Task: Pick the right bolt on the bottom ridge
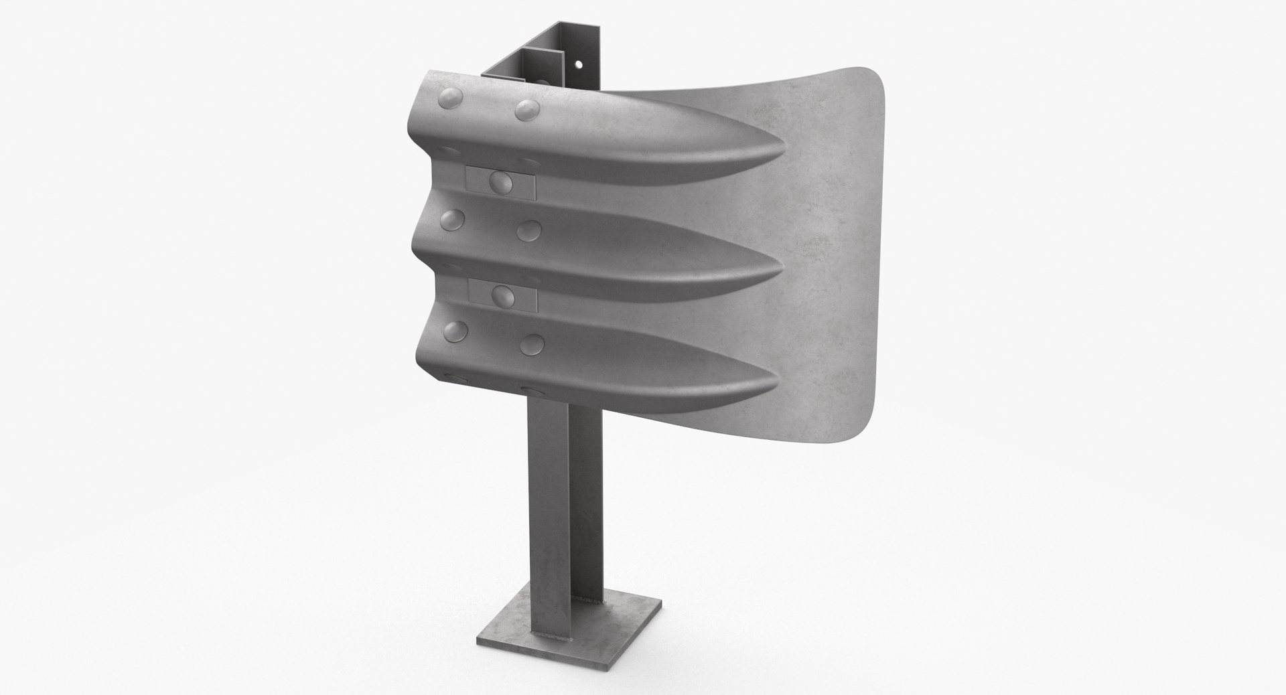tap(531, 343)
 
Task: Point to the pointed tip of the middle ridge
tap(780, 271)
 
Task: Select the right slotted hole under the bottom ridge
tap(534, 389)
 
